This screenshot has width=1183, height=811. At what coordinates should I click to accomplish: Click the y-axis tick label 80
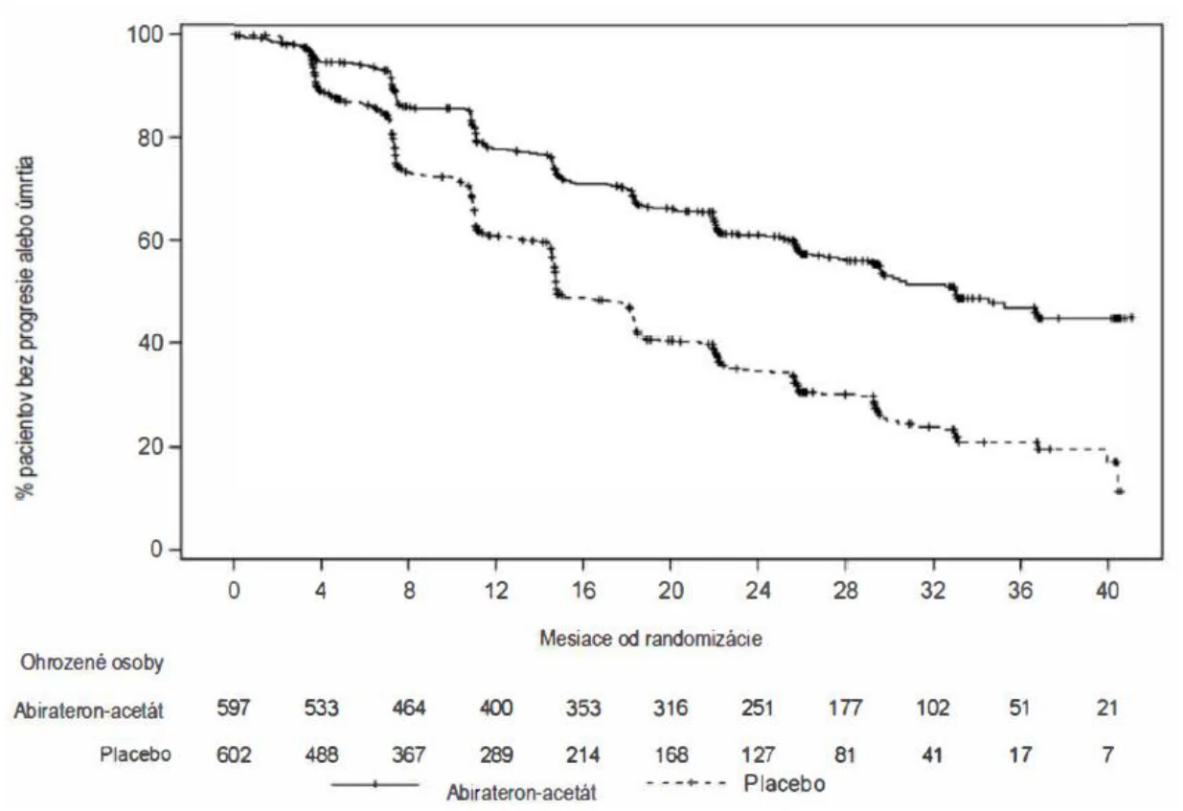pos(150,137)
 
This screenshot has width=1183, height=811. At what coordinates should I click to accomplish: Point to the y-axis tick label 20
pos(150,447)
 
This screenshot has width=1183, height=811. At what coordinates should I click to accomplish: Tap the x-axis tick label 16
pos(583,591)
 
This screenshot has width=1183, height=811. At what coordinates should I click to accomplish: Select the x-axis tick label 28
pos(845,591)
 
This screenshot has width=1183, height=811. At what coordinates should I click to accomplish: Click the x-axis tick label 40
pos(1107,591)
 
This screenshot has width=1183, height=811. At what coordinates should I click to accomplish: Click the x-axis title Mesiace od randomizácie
pos(650,639)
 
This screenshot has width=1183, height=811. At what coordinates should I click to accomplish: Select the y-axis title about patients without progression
pos(25,327)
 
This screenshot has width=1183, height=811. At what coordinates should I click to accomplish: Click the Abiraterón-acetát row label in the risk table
pos(89,710)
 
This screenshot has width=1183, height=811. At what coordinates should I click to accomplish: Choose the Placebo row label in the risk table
pos(136,755)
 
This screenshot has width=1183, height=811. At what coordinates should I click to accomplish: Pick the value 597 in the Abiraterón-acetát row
pos(234,708)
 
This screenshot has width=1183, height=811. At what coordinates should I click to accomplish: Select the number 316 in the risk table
pos(671,708)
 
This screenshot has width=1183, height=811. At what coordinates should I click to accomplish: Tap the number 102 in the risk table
pos(933,708)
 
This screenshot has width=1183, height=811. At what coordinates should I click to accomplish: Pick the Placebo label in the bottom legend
pos(785,783)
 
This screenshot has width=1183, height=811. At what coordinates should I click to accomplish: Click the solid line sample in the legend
pos(375,784)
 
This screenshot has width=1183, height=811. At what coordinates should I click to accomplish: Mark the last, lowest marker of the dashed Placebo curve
pos(1119,492)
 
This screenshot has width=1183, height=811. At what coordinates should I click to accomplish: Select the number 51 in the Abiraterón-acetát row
pos(1020,708)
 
